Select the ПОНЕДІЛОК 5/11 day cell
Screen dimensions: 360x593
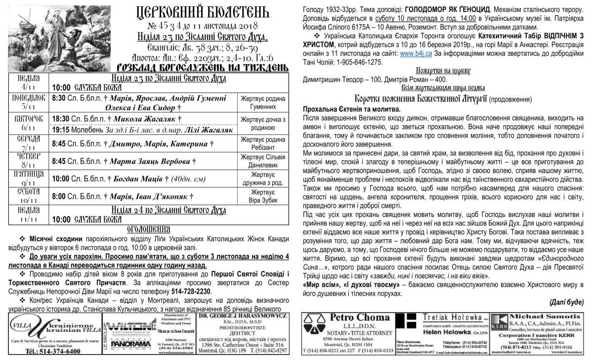[28, 102]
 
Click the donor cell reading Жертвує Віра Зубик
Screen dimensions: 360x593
[262, 196]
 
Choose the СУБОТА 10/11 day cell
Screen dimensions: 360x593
[28, 196]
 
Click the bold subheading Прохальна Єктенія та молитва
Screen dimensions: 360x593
[350, 109]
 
